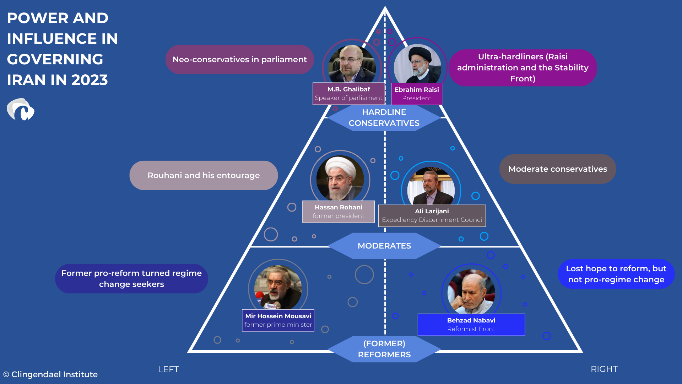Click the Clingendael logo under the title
tap(21, 110)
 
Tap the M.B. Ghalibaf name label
tap(348, 94)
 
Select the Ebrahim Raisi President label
tap(417, 94)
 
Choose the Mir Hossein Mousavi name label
tap(278, 320)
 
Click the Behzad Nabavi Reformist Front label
tap(471, 324)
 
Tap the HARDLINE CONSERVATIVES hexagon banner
tap(384, 118)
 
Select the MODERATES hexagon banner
tap(384, 246)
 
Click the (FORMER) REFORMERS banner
tap(384, 349)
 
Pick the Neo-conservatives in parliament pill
tap(239, 59)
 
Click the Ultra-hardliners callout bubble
tap(523, 68)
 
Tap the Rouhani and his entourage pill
tap(204, 175)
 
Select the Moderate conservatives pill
tap(557, 169)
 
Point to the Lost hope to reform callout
tap(616, 274)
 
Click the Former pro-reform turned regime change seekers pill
tap(131, 278)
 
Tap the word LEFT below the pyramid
tap(168, 369)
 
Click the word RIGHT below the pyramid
tap(604, 369)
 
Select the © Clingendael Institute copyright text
tap(50, 374)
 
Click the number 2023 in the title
tap(90, 80)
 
